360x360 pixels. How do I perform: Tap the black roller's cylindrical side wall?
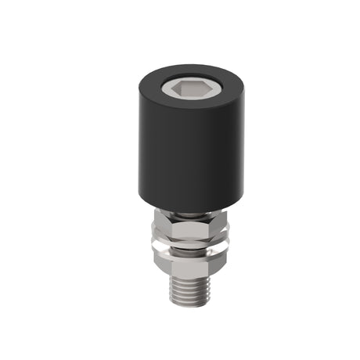[187, 157]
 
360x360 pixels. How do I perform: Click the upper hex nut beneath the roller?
[187, 230]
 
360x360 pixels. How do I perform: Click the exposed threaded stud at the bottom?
[187, 290]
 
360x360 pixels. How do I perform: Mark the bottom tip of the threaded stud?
[187, 306]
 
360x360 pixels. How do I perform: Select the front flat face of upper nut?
[188, 231]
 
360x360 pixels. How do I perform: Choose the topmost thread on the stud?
[187, 276]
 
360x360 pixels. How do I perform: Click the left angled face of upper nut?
[162, 229]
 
